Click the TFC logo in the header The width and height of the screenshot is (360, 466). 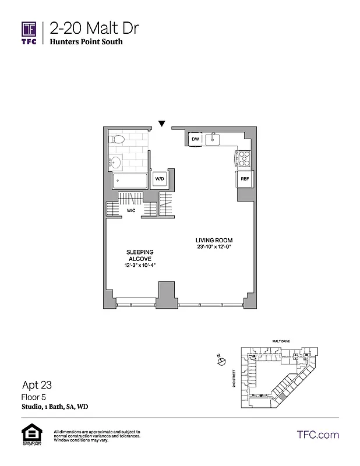pos(29,33)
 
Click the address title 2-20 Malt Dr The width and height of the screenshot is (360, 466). pos(94,28)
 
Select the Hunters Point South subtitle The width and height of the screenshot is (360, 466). pos(86,42)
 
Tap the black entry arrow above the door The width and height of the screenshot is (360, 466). pos(162,123)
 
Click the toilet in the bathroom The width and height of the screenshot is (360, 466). pos(116,140)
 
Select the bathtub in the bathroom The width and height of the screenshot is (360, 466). pos(129,180)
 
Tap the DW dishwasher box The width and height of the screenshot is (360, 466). pos(196,139)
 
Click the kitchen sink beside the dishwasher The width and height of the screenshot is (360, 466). pos(214,139)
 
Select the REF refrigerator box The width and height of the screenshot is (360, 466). pos(245,179)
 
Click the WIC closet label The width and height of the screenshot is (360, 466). pos(131,210)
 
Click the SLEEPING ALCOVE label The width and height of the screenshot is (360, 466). pos(140,255)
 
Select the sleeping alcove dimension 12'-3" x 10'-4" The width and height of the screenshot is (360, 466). pos(140,266)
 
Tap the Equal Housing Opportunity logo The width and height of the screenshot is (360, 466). pos(29,435)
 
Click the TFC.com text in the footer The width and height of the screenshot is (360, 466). pos(317,435)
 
